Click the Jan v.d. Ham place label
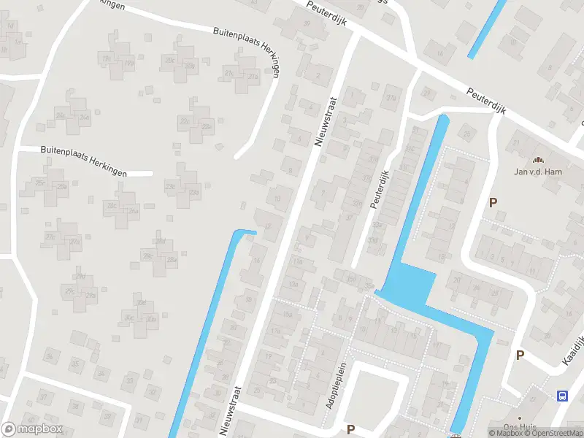pos(539,172)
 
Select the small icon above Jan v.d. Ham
pos(539,160)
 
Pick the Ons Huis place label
pos(520,428)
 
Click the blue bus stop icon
pos(562,396)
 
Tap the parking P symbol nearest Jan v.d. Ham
pos(494,203)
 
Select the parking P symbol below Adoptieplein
pos(350,429)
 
